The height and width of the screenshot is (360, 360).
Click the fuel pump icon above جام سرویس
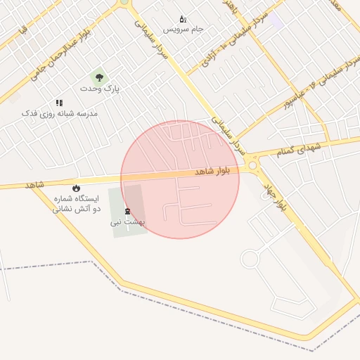coord(183,19)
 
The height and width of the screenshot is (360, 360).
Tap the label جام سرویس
coord(183,30)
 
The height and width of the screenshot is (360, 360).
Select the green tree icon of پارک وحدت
coord(99,78)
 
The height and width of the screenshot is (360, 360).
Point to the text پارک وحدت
coord(100,89)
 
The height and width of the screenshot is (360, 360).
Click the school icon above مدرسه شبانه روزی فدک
coord(59,103)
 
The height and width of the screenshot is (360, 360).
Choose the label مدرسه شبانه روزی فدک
coord(59,113)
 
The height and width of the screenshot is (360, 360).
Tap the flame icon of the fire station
coord(77,188)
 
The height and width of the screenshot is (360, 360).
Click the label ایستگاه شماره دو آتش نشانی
coord(77,204)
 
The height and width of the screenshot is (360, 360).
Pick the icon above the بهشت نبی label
coord(127,211)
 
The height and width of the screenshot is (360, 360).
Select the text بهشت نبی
coord(126,222)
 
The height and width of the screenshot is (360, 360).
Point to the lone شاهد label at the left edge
coord(34,184)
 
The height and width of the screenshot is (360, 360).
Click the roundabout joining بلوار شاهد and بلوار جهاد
coord(252,165)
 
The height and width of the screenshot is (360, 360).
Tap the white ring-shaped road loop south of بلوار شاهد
coord(250,259)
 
